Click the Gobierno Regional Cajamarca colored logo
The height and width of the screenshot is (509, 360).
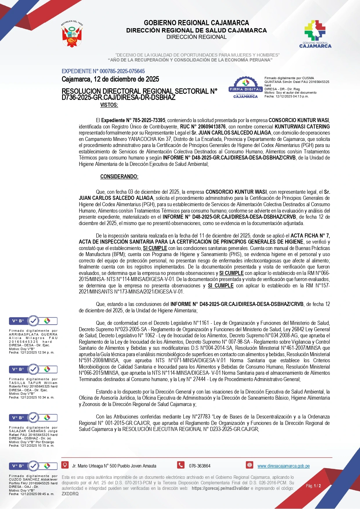pos(315,34)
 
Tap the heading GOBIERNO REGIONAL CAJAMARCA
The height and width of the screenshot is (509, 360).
pos(196,23)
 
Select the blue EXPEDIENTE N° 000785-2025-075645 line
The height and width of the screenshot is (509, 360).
pos(103,71)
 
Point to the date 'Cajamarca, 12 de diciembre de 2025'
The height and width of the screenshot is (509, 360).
pos(110,79)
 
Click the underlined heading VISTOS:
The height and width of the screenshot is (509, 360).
pos(109,105)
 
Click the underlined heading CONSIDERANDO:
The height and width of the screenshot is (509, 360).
pos(119,177)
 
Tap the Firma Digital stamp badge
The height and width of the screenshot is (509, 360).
pos(245,88)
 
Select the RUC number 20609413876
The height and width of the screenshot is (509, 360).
pos(211,127)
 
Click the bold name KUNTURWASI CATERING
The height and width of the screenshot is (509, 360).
pos(302,127)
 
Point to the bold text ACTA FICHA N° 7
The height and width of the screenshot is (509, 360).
pos(310,236)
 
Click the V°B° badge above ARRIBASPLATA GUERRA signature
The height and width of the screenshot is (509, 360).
pos(33,321)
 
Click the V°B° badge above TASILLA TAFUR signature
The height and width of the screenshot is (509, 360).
pos(33,369)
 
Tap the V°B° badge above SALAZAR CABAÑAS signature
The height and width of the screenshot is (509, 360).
pos(33,418)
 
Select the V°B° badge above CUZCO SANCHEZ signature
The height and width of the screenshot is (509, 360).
pos(33,466)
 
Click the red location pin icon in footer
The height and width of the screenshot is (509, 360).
pos(65,465)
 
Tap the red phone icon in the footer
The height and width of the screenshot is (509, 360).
pos(181,465)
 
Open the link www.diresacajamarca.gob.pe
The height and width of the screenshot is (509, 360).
pos(283,466)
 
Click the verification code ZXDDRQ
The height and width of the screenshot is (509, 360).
pos(70,494)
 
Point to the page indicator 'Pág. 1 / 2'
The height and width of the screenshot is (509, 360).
pos(313,486)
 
